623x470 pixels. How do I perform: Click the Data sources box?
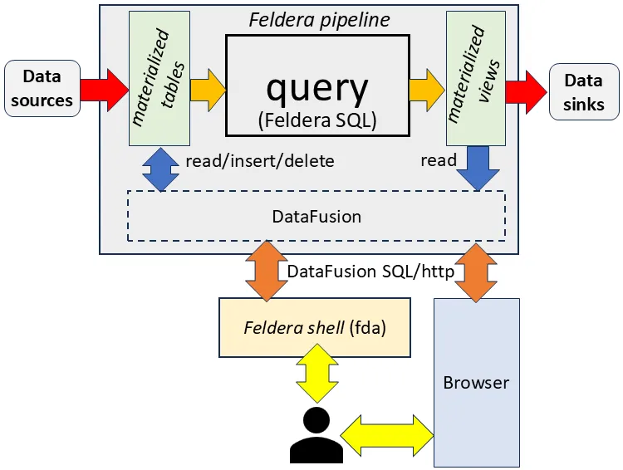(42, 88)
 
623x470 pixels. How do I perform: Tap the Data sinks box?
(584, 92)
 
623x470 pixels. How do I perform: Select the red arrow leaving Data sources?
(105, 90)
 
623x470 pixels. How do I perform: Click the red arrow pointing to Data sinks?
(526, 92)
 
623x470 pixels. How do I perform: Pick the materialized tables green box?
(159, 78)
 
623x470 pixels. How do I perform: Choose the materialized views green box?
(476, 78)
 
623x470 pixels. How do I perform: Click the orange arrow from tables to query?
(208, 91)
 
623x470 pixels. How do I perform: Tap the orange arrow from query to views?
(427, 90)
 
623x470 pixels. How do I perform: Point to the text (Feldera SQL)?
(317, 120)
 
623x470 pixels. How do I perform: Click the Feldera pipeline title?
(320, 20)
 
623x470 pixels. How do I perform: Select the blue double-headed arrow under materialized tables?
(160, 169)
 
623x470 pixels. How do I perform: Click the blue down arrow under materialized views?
(478, 168)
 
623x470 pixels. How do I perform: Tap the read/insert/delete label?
(260, 161)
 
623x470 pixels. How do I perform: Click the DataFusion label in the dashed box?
(316, 217)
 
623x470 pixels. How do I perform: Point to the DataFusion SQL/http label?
(370, 272)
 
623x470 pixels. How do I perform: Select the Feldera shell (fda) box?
(315, 328)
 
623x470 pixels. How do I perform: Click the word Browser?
(476, 383)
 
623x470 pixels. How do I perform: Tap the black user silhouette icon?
(316, 435)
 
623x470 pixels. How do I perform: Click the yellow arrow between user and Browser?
(387, 436)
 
